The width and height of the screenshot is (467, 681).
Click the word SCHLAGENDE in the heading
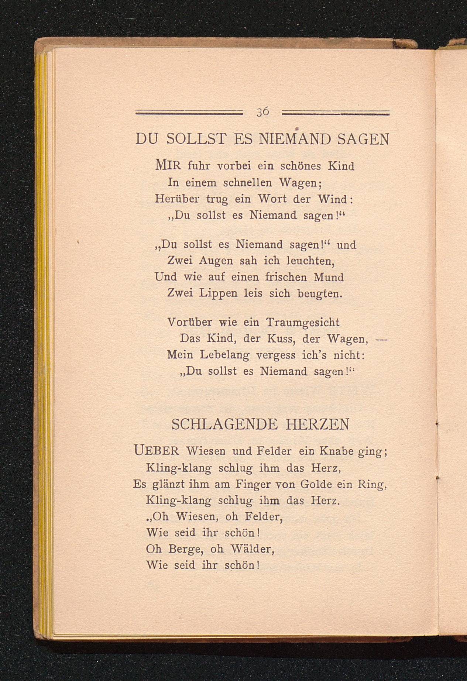tap(224, 424)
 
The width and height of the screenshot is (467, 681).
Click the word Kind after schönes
tap(341, 166)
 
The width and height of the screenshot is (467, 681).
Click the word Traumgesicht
tap(303, 323)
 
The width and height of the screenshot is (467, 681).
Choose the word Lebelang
tap(224, 355)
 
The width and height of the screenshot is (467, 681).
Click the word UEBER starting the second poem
tap(157, 451)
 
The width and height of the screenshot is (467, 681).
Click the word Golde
tap(317, 484)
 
